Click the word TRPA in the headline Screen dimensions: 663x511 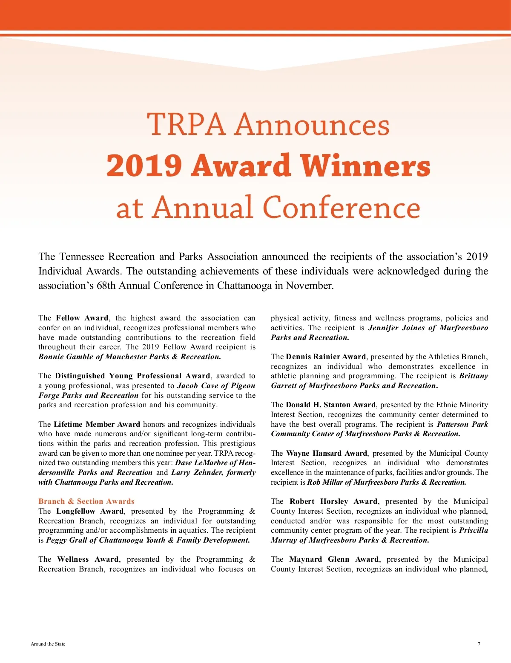pyautogui.click(x=186, y=125)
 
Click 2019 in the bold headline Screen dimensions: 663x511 pyautogui.click(x=144, y=166)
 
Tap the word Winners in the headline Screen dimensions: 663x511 pyautogui.click(x=365, y=166)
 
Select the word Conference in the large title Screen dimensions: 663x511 pyautogui.click(x=341, y=208)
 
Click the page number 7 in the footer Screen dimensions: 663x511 pyautogui.click(x=479, y=644)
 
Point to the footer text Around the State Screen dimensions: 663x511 pyautogui.click(x=48, y=644)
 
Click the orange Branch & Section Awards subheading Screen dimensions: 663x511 pyautogui.click(x=86, y=501)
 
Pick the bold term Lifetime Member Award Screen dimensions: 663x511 pyautogui.click(x=97, y=424)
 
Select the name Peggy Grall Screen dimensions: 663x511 pyautogui.click(x=66, y=540)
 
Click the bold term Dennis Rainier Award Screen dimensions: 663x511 pyautogui.click(x=326, y=357)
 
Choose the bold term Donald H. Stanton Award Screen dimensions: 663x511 pyautogui.click(x=330, y=405)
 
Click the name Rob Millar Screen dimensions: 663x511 pyautogui.click(x=324, y=482)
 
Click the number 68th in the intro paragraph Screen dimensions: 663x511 pyautogui.click(x=106, y=285)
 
